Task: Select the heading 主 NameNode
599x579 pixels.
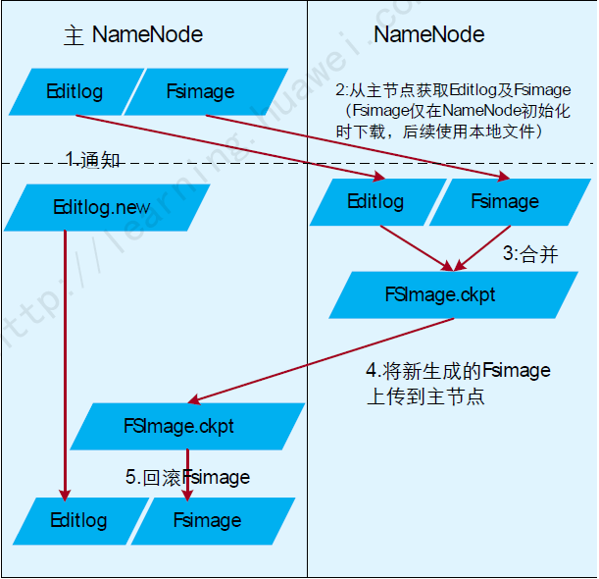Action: click(133, 35)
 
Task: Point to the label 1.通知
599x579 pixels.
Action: click(93, 159)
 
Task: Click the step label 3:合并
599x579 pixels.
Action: click(530, 254)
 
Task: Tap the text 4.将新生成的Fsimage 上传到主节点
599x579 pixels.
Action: click(458, 384)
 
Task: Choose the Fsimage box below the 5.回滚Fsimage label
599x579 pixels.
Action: click(212, 520)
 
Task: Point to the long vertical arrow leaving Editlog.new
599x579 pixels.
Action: click(65, 363)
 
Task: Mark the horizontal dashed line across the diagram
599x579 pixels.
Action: click(294, 163)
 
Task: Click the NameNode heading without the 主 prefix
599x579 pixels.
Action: click(429, 34)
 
